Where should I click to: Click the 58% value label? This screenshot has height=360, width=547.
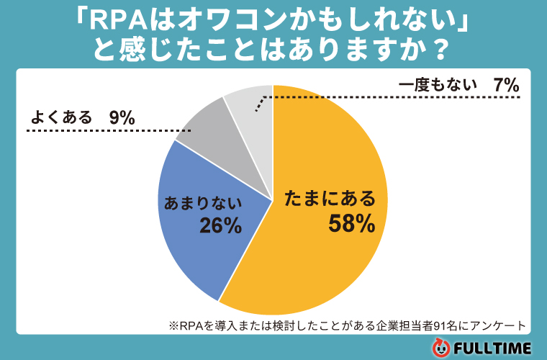click(351, 224)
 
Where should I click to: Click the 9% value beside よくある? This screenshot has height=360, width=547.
click(122, 117)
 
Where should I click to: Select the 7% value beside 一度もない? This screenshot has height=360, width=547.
click(506, 84)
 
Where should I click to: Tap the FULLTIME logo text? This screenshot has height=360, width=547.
click(493, 348)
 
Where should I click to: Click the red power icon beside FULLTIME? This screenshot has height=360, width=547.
click(440, 348)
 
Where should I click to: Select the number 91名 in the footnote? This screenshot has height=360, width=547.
click(440, 325)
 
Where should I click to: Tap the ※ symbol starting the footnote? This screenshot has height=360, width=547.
click(173, 325)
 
